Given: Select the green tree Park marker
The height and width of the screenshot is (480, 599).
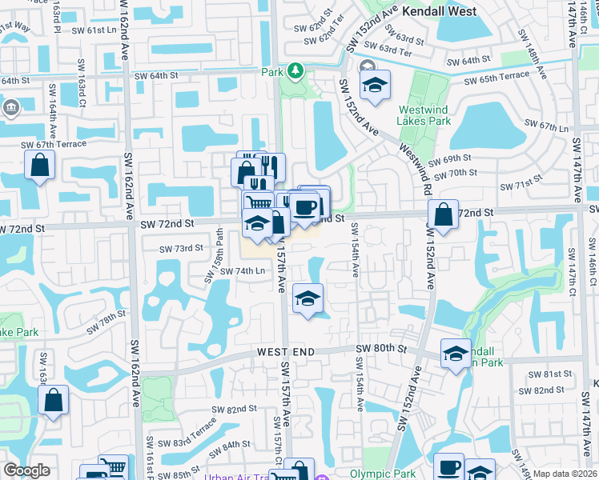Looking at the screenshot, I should pos(295,71).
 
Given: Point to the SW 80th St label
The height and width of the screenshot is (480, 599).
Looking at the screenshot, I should pos(382,349).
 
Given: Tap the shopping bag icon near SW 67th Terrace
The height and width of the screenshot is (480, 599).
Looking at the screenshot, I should pos(39,166).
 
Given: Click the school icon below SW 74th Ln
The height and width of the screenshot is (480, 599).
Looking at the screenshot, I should pos(308,299).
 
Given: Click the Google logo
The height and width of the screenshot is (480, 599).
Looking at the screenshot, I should pos(26,471).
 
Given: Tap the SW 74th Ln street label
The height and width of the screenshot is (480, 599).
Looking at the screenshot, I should pos(243,271).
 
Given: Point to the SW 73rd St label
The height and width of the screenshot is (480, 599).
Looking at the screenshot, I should pos(181,249).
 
